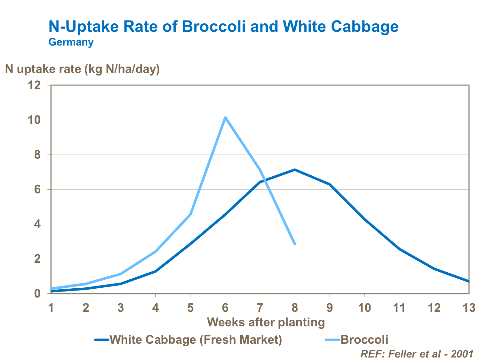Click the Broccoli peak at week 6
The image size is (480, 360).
[225, 117]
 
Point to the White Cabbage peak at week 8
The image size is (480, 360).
[295, 170]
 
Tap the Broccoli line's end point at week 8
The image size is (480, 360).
[295, 244]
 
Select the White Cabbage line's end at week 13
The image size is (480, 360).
[468, 281]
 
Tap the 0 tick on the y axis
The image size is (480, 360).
[37, 293]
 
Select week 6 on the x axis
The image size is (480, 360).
[225, 308]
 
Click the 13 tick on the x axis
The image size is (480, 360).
[469, 308]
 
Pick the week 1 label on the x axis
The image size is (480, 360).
[51, 308]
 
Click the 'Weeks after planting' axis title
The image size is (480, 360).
[266, 322]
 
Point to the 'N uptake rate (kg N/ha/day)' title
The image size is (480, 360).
[82, 69]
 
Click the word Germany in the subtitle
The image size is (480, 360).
[71, 42]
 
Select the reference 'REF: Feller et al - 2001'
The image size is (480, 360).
[417, 354]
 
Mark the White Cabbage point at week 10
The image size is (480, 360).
[364, 219]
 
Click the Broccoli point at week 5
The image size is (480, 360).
[190, 214]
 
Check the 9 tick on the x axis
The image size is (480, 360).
[330, 308]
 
